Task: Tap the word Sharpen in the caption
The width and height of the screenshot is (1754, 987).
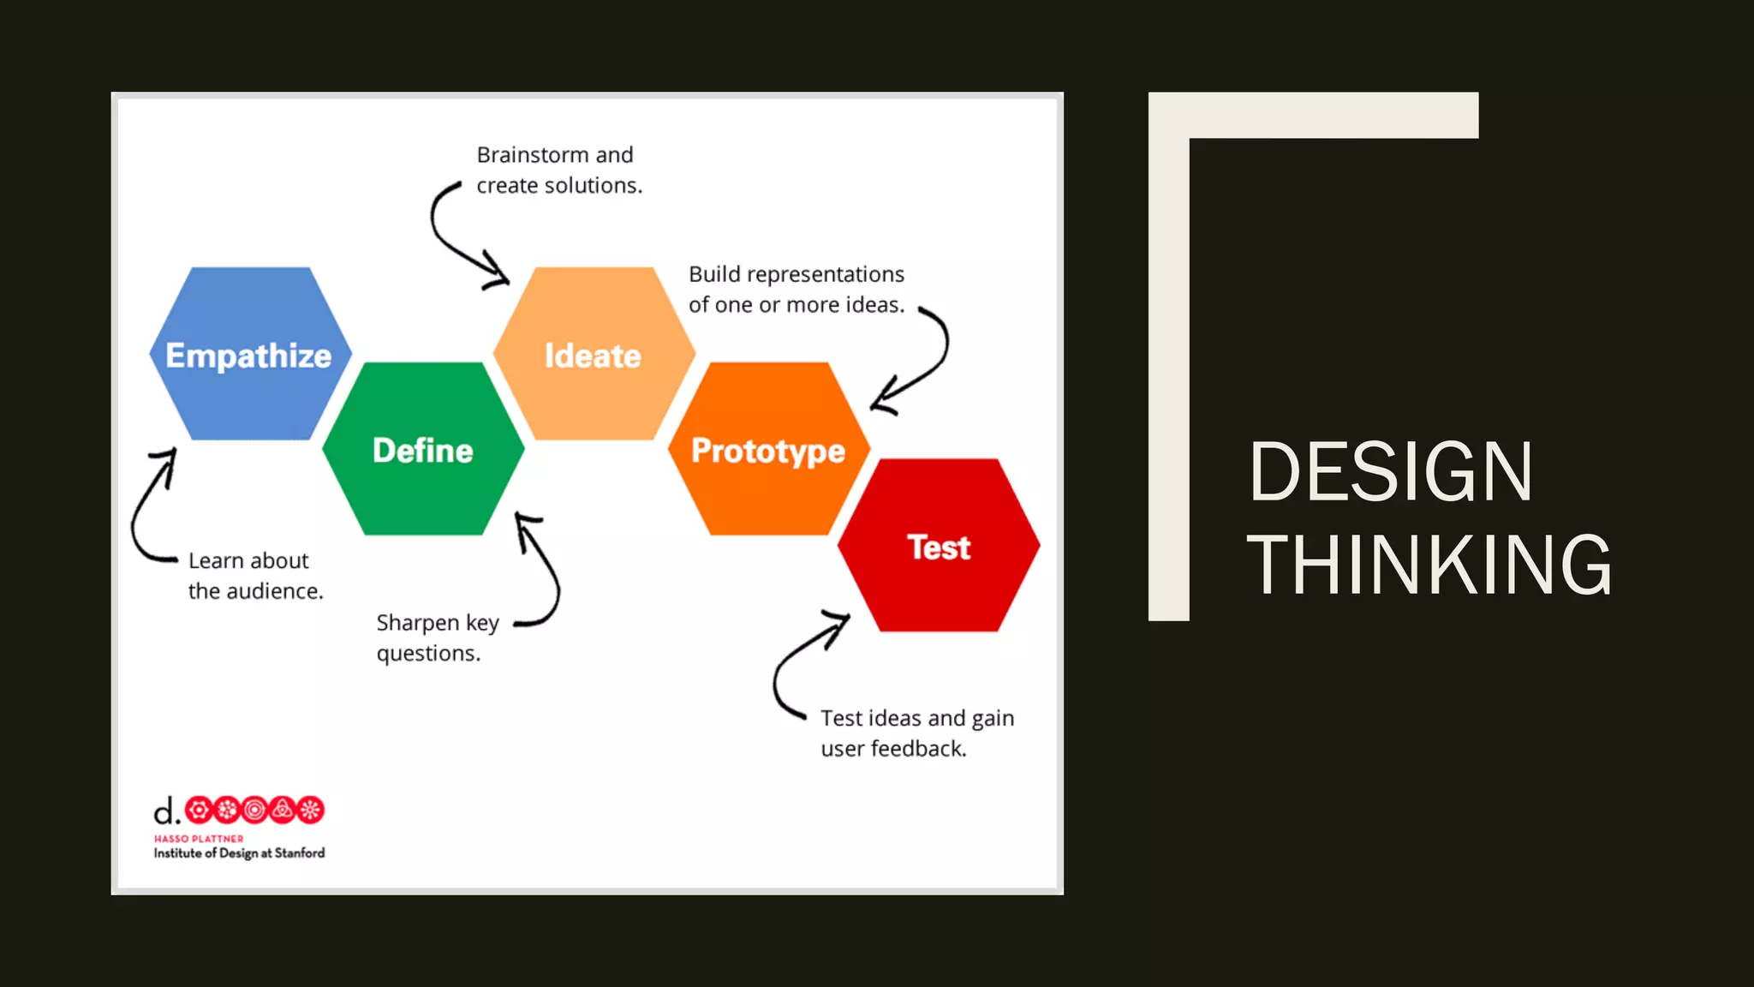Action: (x=418, y=623)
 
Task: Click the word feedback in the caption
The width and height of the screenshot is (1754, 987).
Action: (x=918, y=749)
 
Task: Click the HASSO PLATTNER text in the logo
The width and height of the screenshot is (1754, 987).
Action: (x=199, y=839)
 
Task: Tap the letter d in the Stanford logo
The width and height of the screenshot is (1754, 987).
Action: (x=163, y=811)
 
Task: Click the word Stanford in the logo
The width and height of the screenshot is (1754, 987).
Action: (x=300, y=853)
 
